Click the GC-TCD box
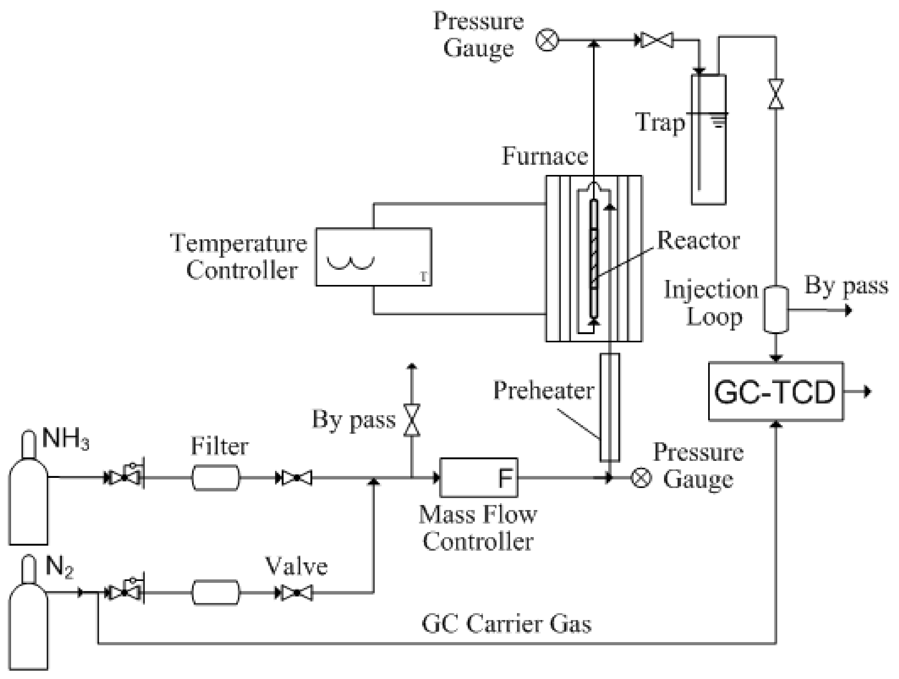click(x=775, y=392)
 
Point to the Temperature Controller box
click(x=373, y=257)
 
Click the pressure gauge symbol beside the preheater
click(x=641, y=478)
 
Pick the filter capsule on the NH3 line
click(x=216, y=478)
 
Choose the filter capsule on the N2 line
click(x=216, y=593)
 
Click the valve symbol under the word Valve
click(x=297, y=593)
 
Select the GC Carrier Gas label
click(x=506, y=624)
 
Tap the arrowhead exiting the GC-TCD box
click(x=867, y=392)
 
